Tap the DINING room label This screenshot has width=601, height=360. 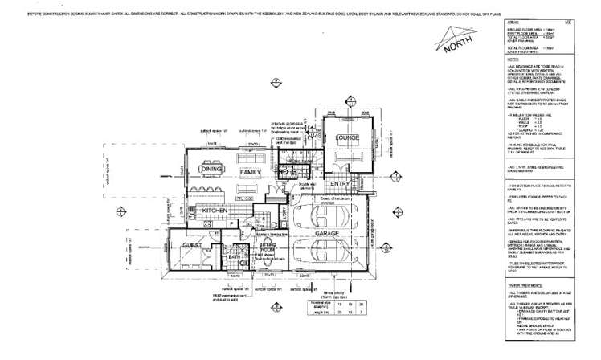(x=211, y=170)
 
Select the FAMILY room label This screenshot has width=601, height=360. (x=251, y=171)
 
